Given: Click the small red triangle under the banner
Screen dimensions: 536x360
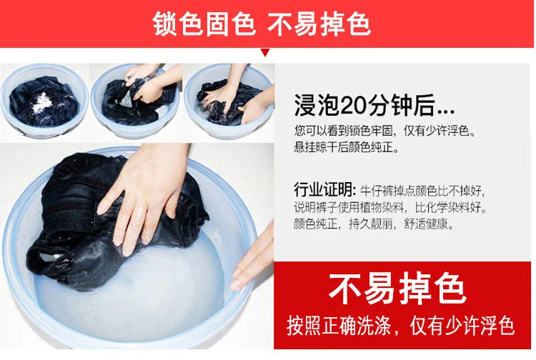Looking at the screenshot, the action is click(265, 52).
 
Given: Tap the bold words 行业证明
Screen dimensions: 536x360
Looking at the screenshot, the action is click(324, 190).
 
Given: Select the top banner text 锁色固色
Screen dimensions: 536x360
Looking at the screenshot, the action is click(204, 24).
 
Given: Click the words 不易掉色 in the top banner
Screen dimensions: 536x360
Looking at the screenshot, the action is click(319, 24).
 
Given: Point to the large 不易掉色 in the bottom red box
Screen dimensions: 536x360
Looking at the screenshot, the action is click(397, 289).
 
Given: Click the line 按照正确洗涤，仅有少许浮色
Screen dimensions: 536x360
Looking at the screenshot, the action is click(401, 326).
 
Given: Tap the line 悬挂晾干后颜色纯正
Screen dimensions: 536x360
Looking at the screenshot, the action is click(346, 147).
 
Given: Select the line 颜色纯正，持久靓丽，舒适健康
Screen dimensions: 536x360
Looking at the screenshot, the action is click(374, 224).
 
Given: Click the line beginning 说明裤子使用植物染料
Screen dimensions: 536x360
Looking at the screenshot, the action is click(390, 207).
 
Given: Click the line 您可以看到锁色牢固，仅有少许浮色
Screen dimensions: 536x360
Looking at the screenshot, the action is click(384, 131).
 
